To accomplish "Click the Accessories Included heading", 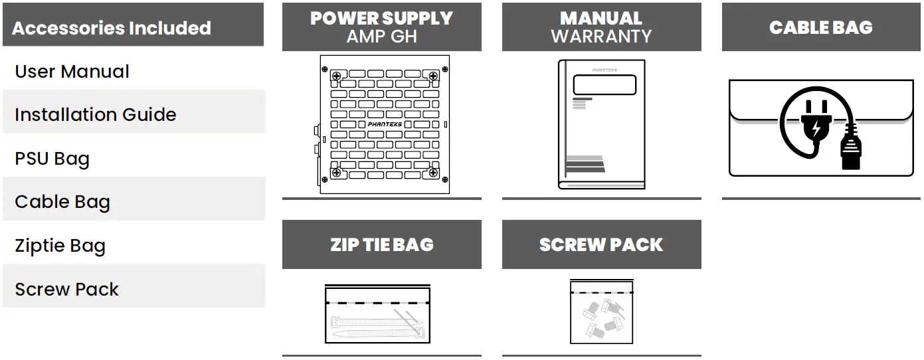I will pos(112,28).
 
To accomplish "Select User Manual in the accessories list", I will pos(72,72).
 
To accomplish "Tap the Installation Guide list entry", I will pos(95,115).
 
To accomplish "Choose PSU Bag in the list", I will pos(52,159).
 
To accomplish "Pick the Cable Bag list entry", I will pos(62,202).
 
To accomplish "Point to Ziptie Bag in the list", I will pos(60,246).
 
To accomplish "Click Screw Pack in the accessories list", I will pos(66,290).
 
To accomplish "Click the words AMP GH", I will pos(381,37).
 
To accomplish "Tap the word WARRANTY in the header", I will pos(601,37).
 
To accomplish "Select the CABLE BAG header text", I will pos(820,27).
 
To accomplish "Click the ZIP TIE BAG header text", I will pos(381,244).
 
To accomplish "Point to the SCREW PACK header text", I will pos(601,244).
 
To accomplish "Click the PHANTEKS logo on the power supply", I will pos(385,124).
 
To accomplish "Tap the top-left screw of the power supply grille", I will pos(337,76).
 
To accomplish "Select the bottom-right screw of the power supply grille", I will pos(434,173).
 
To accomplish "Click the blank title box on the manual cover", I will pos(604,85).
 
